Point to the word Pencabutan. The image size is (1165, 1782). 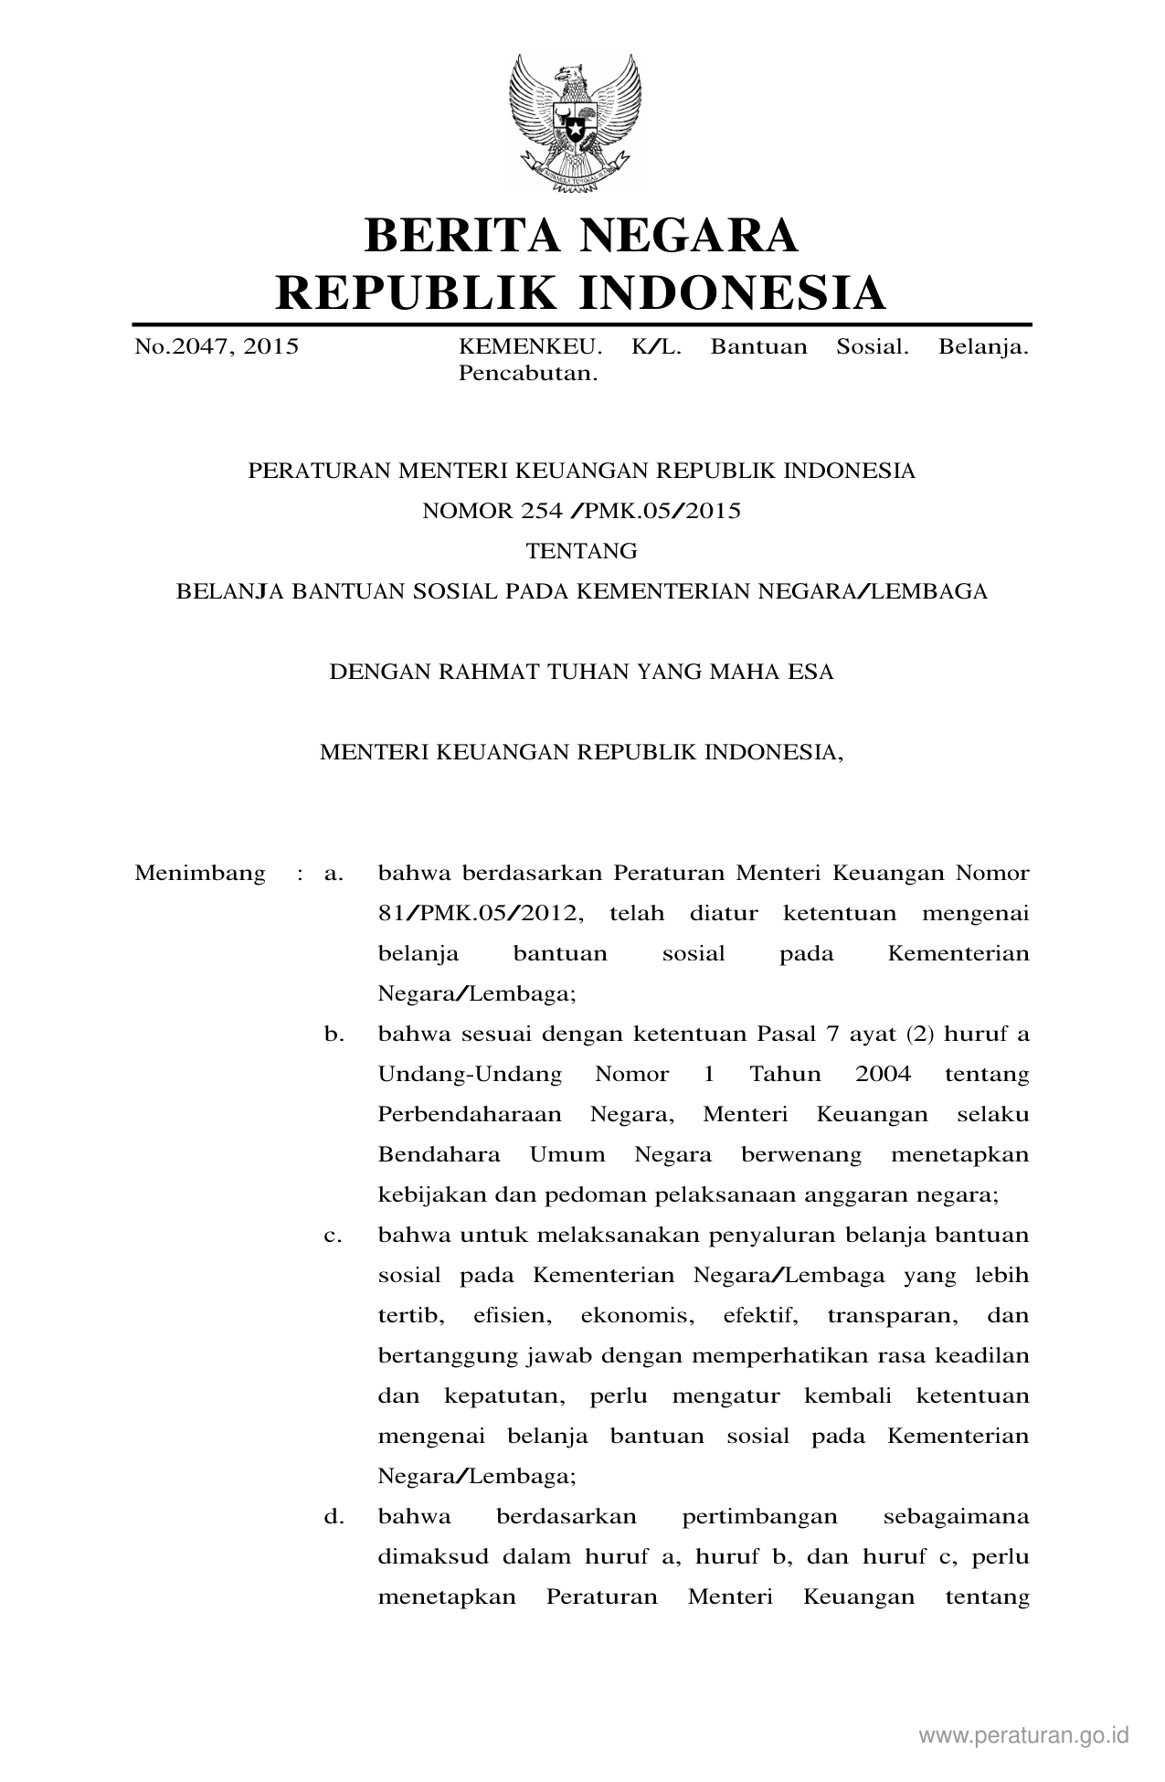[527, 374]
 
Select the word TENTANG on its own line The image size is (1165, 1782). [581, 551]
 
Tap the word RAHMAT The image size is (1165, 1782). [493, 672]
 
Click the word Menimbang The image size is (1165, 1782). [200, 873]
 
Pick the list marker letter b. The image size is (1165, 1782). [334, 1034]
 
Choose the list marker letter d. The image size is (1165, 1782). [334, 1516]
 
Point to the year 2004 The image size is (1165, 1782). [883, 1074]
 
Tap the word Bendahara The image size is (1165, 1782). [439, 1154]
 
